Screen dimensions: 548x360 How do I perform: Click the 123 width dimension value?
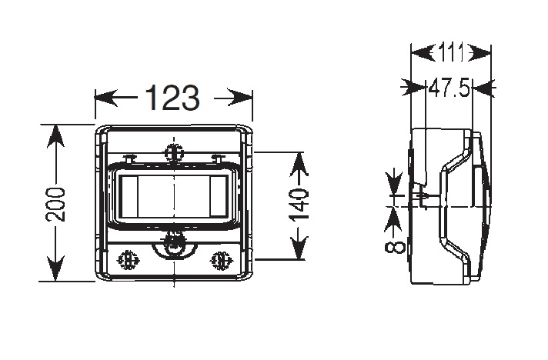point(172,98)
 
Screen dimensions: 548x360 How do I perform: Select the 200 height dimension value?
point(55,205)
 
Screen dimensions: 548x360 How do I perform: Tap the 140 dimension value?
point(299,205)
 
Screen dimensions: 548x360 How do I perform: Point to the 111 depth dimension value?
point(451,53)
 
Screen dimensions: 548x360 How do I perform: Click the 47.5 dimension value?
point(449,88)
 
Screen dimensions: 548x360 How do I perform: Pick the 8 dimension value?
point(394,247)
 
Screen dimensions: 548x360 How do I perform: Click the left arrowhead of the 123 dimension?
point(106,98)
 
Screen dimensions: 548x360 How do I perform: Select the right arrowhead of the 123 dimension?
point(240,98)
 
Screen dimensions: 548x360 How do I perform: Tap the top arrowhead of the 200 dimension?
point(55,136)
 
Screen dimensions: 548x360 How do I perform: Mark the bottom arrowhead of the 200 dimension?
point(55,269)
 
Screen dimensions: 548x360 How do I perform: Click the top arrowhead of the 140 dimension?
point(299,164)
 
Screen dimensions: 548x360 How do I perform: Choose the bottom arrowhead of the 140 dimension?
point(299,248)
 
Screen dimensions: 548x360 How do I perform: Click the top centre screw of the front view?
point(174,153)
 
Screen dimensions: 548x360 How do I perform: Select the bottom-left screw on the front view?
point(128,260)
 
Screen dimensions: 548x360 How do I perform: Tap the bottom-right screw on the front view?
point(221,260)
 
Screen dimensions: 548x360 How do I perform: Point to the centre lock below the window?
point(174,245)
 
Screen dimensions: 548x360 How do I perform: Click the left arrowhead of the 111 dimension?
point(423,53)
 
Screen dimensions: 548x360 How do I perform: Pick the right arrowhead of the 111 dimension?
point(479,53)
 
